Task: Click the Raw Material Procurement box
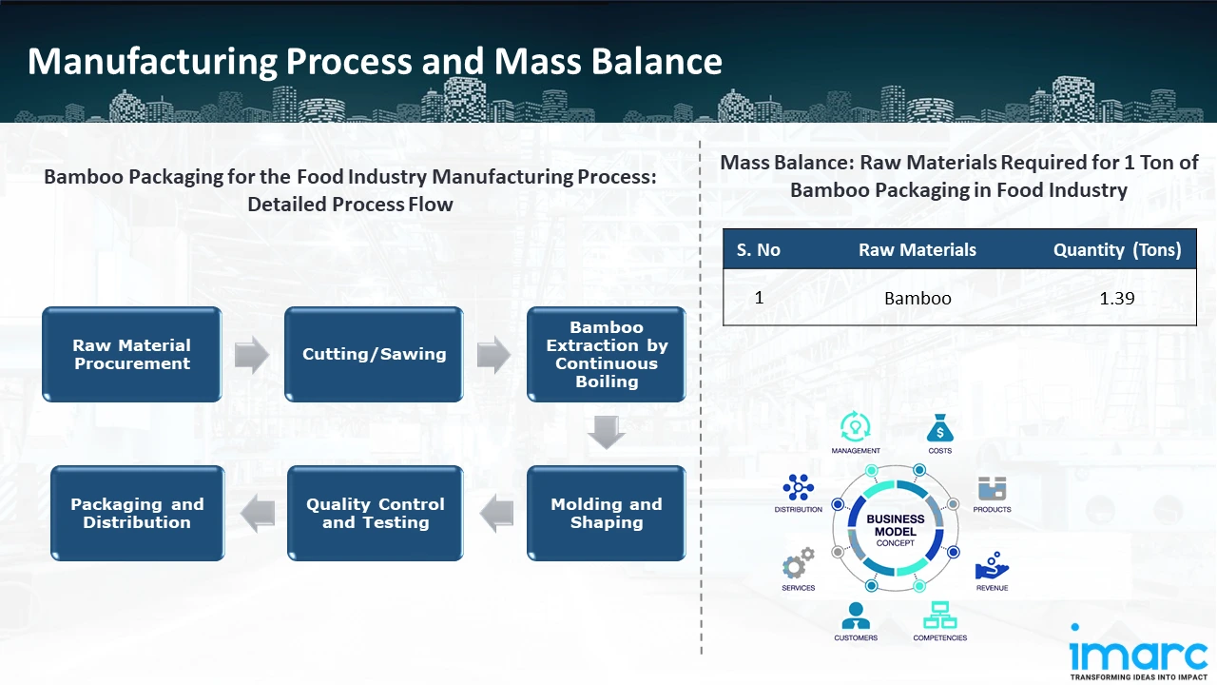132,354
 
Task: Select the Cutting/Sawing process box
374,354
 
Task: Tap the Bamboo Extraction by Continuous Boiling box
607,354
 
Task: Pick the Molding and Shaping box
607,513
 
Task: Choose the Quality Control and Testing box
376,513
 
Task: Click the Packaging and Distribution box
138,513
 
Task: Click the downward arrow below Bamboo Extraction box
607,433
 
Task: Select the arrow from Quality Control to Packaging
257,514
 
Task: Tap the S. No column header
758,250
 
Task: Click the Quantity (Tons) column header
1116,250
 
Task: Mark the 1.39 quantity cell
1116,298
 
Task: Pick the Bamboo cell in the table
918,298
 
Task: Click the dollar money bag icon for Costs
939,428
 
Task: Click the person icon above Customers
856,615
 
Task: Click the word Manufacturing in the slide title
152,62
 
